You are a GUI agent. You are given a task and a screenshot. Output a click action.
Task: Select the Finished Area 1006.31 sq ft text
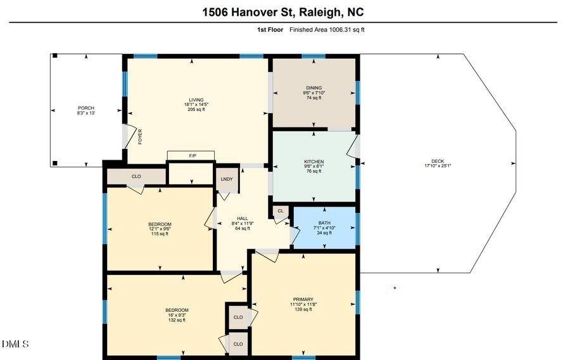coord(327,30)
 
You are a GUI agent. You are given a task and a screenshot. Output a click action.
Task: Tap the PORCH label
coord(85,108)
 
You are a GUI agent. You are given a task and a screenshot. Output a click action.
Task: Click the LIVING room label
coord(196,100)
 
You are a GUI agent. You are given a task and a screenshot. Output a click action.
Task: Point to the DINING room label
coord(313,88)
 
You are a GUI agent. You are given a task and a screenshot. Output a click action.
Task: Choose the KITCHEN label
coord(313,162)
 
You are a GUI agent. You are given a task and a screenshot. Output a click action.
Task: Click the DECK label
coord(438,161)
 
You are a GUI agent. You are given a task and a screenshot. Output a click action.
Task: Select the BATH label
coord(324,223)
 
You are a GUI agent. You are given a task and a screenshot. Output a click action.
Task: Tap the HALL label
coord(243,218)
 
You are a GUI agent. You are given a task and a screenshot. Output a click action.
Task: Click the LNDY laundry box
coord(227,179)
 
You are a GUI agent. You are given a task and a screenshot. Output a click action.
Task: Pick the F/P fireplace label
coord(192,155)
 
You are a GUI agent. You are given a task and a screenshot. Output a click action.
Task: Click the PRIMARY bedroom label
coord(303,299)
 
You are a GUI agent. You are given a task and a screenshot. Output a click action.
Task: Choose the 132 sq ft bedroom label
coord(177,320)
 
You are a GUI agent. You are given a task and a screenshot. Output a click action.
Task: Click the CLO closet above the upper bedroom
coord(136,176)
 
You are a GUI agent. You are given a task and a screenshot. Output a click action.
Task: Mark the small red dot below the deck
coord(395,288)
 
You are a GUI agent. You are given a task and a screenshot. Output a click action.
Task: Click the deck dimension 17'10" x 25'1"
coord(438,166)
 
